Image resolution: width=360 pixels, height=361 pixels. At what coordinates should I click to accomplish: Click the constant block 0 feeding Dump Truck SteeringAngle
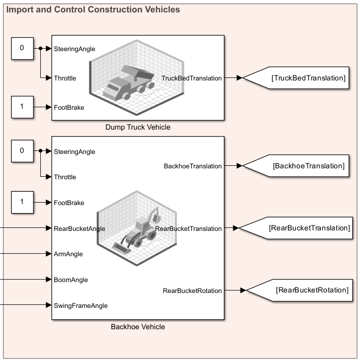pyautogui.click(x=21, y=48)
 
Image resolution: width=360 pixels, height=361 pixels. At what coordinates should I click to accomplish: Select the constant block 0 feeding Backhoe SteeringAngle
pyautogui.click(x=21, y=151)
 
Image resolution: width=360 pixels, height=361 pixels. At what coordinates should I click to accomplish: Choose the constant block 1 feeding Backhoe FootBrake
pyautogui.click(x=21, y=203)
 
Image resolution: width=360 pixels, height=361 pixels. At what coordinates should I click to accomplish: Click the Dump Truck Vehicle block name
pyautogui.click(x=138, y=127)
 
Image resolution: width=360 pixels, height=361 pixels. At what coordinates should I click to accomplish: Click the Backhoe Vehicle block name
pyautogui.click(x=138, y=327)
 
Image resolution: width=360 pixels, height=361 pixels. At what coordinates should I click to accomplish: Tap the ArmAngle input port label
pyautogui.click(x=68, y=254)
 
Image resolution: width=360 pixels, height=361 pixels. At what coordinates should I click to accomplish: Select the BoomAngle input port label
pyautogui.click(x=71, y=280)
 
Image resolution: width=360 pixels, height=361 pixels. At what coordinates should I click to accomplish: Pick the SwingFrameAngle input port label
pyautogui.click(x=81, y=306)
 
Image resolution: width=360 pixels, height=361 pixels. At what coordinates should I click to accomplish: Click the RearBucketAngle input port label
pyautogui.click(x=79, y=228)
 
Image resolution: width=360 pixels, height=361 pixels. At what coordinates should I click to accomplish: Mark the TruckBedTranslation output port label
pyautogui.click(x=191, y=78)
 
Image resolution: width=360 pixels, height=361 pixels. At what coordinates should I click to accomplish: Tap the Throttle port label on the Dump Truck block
pyautogui.click(x=65, y=78)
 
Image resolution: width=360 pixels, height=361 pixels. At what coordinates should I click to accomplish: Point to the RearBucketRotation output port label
pyautogui.click(x=192, y=290)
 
